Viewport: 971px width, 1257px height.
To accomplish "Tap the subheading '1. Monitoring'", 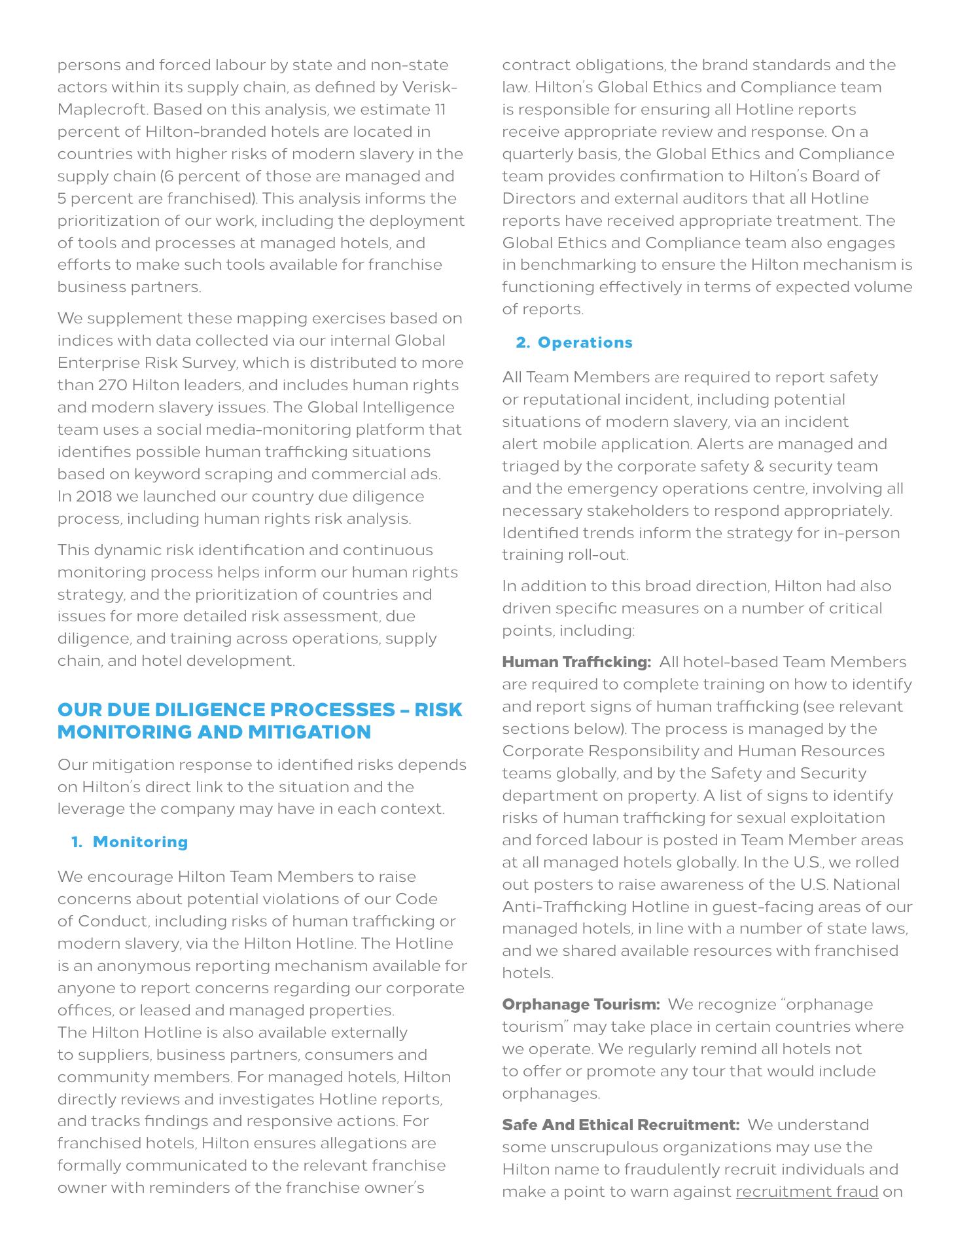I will (130, 842).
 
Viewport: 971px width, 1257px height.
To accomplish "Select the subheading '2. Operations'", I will (574, 342).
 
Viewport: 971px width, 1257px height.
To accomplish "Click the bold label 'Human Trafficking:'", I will (576, 662).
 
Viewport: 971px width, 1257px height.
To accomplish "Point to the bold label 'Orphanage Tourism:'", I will (580, 1004).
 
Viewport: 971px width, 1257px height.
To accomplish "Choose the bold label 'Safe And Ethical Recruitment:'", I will (620, 1125).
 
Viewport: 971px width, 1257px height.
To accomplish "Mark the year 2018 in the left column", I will (94, 496).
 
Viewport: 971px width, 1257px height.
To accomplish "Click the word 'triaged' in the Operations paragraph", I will (528, 466).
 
